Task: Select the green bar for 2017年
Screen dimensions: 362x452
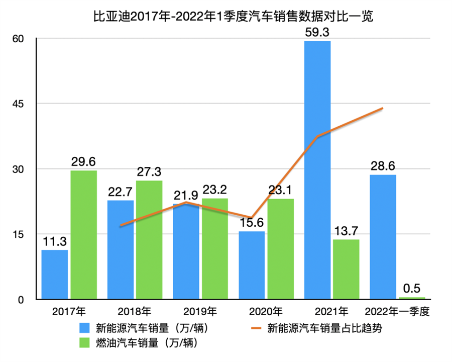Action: click(x=83, y=235)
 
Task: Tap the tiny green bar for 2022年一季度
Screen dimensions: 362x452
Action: click(x=412, y=298)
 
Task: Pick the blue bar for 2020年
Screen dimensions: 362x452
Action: click(x=252, y=265)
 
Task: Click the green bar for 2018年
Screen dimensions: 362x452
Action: click(x=149, y=240)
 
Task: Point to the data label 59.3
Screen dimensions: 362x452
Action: click(x=317, y=33)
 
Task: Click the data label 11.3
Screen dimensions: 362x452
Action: click(x=55, y=242)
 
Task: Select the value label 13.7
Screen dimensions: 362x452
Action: click(x=347, y=232)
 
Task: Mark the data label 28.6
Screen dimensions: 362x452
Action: click(x=383, y=167)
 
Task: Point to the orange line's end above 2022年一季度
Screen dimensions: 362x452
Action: click(x=383, y=108)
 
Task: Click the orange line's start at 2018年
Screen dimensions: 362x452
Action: click(x=121, y=226)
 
